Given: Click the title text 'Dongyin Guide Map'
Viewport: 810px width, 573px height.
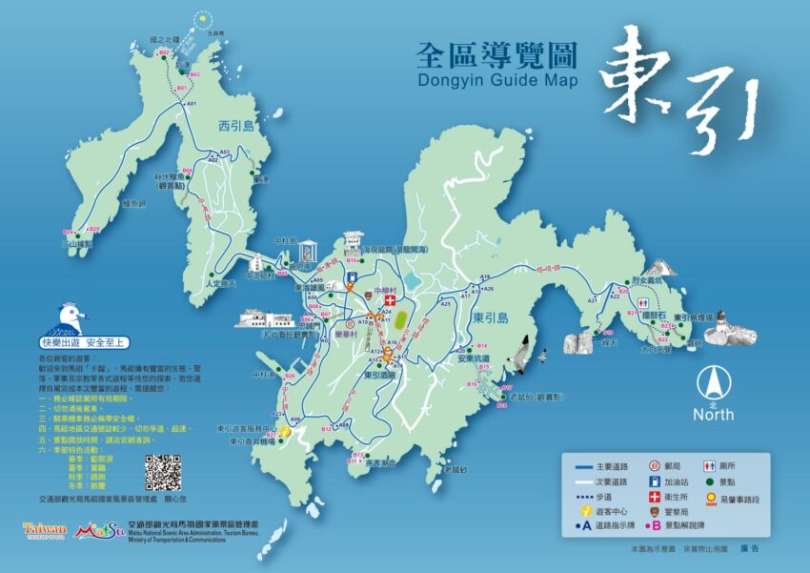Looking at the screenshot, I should pos(497,80).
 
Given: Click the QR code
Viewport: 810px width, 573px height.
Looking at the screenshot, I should pos(163,472).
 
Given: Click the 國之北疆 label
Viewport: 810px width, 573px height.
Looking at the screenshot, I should pos(164,41).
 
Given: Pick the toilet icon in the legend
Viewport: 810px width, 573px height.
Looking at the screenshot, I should pos(709,466).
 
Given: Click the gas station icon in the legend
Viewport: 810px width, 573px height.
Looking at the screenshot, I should pos(656,482).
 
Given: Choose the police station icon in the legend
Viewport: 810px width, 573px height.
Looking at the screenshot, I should pos(656,514).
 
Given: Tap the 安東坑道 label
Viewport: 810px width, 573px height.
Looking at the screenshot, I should pos(473,359).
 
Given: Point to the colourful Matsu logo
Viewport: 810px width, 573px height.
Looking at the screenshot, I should pos(98,529).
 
